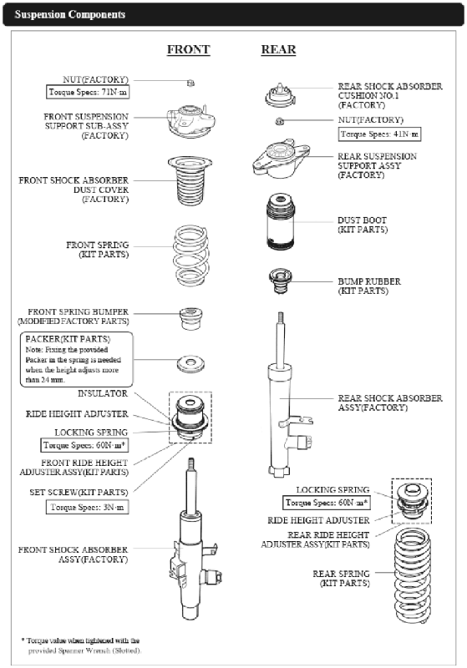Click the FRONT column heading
188,49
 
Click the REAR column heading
278,49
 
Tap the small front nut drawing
190,83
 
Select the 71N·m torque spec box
88,92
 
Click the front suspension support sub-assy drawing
190,121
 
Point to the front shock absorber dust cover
190,180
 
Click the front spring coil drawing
191,256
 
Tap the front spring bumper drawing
190,319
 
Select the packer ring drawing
190,364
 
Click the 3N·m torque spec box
88,507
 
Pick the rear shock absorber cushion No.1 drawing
280,94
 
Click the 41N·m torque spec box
379,134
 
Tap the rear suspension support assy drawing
281,158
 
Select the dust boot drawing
281,222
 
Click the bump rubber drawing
280,281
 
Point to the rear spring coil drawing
412,576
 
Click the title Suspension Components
70,14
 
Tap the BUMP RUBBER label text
369,281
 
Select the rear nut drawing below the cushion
280,121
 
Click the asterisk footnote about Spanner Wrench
81,645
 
